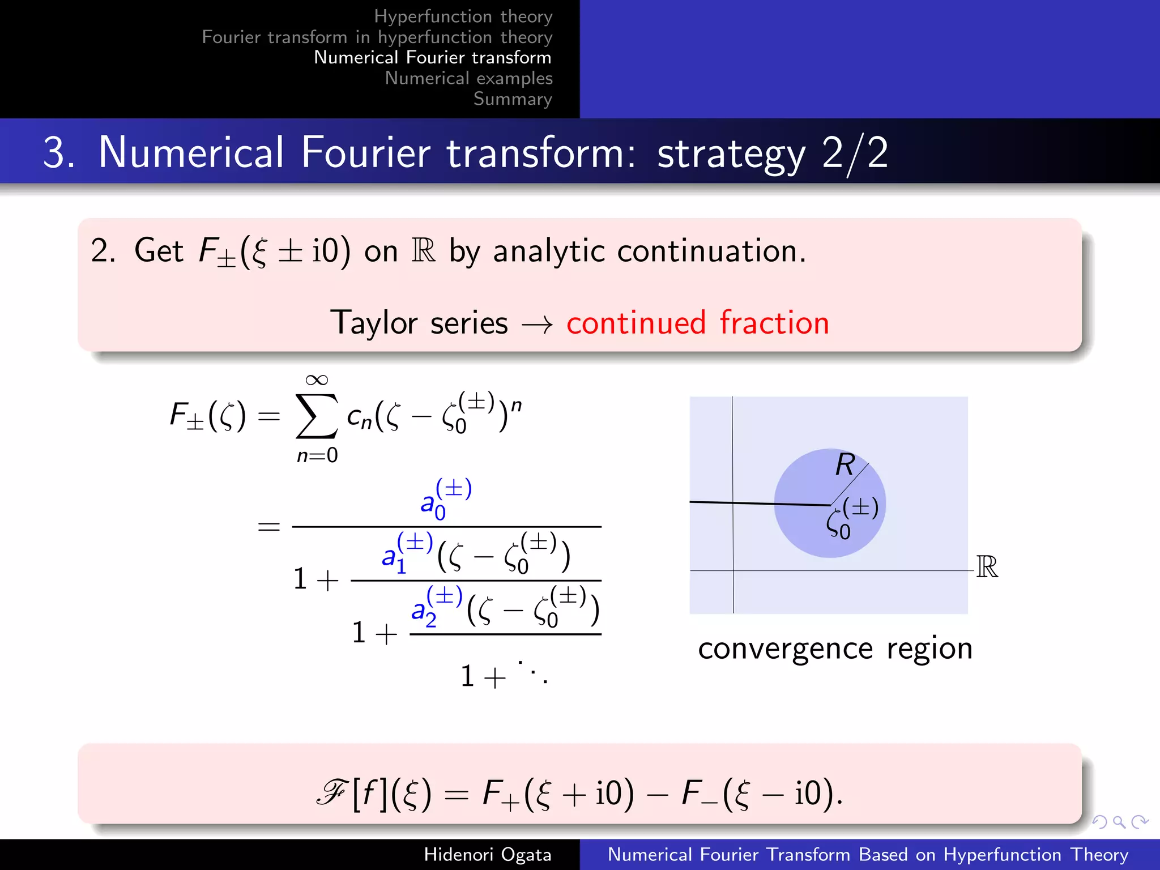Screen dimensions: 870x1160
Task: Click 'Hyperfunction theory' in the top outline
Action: [x=463, y=16]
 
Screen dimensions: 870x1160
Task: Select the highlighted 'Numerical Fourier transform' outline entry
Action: [x=432, y=57]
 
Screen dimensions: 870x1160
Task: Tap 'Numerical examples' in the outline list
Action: [x=468, y=78]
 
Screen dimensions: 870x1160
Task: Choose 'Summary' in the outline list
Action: [x=513, y=99]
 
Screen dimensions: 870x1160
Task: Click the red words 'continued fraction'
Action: [x=697, y=323]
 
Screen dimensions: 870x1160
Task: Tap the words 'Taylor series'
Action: [x=419, y=323]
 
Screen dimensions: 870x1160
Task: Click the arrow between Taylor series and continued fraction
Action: [x=537, y=325]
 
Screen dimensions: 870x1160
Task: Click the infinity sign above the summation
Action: [x=317, y=379]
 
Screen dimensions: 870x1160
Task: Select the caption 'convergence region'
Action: [x=835, y=649]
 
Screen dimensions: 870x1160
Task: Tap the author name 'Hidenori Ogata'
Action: [x=487, y=854]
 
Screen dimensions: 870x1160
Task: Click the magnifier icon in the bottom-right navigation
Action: [x=1119, y=821]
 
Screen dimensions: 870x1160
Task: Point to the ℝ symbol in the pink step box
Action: [x=424, y=251]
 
